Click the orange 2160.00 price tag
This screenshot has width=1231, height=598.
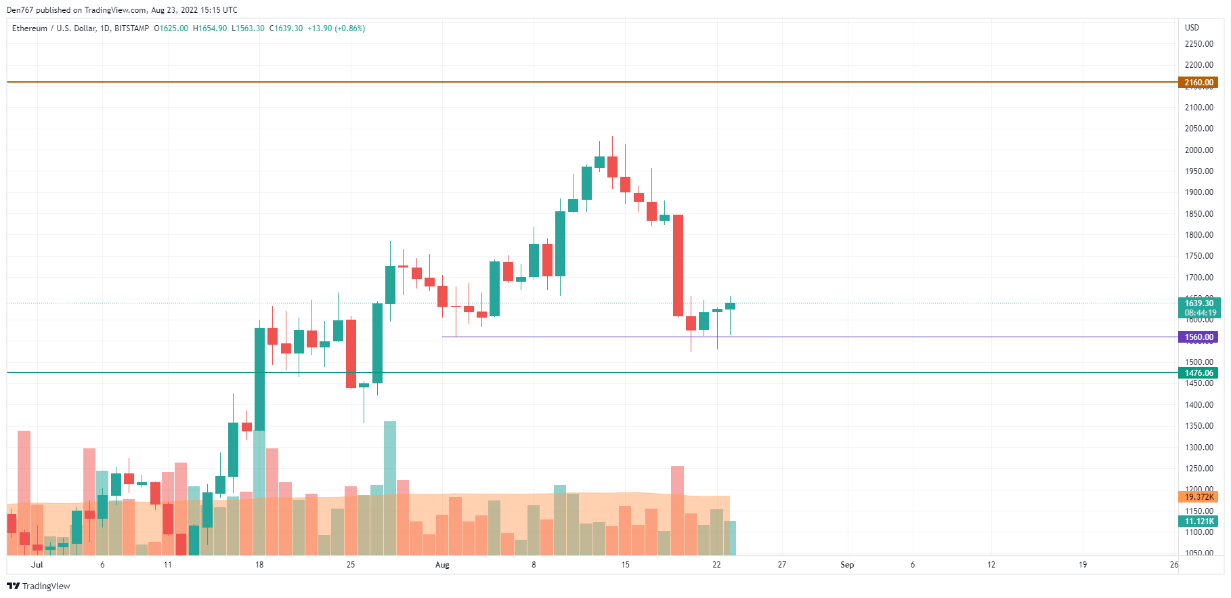pyautogui.click(x=1198, y=83)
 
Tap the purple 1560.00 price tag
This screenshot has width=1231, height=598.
pyautogui.click(x=1198, y=337)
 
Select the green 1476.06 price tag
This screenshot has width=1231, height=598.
pyautogui.click(x=1198, y=373)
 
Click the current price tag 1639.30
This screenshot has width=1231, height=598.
pyautogui.click(x=1198, y=303)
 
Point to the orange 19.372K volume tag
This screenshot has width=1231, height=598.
pyautogui.click(x=1198, y=497)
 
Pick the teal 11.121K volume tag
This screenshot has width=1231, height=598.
pyautogui.click(x=1198, y=521)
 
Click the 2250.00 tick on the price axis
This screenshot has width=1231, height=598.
pyautogui.click(x=1198, y=44)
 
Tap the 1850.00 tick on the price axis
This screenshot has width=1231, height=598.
pyautogui.click(x=1198, y=214)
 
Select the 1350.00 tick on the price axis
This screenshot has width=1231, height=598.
pyautogui.click(x=1198, y=426)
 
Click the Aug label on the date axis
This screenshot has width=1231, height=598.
pyautogui.click(x=442, y=565)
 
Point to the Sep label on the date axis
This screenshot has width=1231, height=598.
pyautogui.click(x=847, y=565)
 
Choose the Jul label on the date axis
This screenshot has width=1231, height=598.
pyautogui.click(x=37, y=565)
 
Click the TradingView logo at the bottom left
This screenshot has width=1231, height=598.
pyautogui.click(x=39, y=586)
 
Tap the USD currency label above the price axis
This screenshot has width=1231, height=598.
pyautogui.click(x=1192, y=28)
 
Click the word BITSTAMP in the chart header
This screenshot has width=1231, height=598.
pyautogui.click(x=131, y=28)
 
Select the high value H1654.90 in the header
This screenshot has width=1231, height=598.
pyautogui.click(x=210, y=28)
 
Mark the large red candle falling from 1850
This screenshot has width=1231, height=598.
pyautogui.click(x=678, y=265)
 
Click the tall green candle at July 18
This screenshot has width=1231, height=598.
pyautogui.click(x=259, y=379)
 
